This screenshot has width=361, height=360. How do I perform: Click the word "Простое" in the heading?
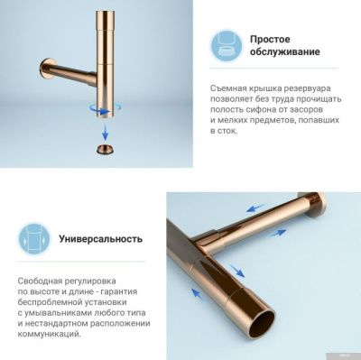point(270,39)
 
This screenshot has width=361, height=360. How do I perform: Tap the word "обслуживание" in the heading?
point(284,52)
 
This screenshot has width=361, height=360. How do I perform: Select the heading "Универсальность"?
point(100,240)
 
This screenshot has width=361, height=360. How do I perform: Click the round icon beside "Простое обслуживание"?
point(226,45)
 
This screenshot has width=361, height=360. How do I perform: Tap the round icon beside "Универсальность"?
point(32,241)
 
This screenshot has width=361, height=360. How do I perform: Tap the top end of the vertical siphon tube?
point(105,9)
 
